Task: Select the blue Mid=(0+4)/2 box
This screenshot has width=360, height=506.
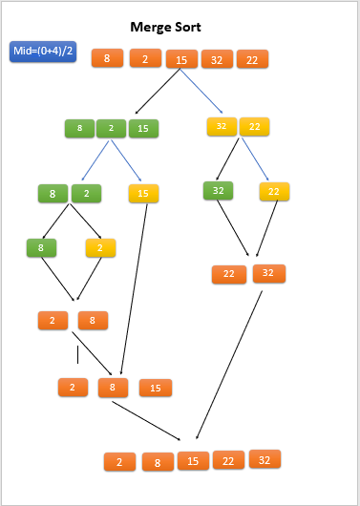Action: (x=42, y=51)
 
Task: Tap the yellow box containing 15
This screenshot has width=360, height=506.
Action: (x=143, y=194)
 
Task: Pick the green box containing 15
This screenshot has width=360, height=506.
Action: (x=143, y=128)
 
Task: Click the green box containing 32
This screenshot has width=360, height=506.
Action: (x=219, y=190)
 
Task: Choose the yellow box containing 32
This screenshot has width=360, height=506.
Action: (x=222, y=126)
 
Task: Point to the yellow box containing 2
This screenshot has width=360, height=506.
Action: (x=100, y=248)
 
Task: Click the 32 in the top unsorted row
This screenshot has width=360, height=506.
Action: (x=217, y=60)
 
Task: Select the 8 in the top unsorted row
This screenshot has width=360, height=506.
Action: (x=107, y=59)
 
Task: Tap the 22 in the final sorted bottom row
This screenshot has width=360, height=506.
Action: (x=228, y=460)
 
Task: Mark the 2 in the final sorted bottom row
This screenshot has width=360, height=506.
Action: (x=119, y=462)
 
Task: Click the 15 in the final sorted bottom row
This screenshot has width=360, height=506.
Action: (x=192, y=461)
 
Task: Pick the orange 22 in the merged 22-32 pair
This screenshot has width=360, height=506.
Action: (x=228, y=274)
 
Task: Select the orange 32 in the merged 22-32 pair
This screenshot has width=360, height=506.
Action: (x=268, y=273)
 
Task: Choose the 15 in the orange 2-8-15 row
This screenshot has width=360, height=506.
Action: (x=155, y=388)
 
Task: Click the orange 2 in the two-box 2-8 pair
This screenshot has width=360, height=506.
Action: (x=53, y=320)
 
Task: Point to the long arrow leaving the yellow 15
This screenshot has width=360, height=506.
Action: (x=133, y=286)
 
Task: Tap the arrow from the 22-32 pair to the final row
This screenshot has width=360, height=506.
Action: (x=230, y=363)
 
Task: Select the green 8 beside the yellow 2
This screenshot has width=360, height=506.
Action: (x=41, y=248)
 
